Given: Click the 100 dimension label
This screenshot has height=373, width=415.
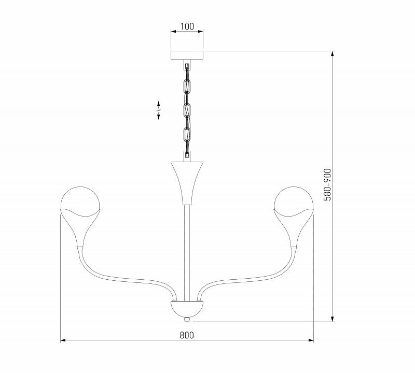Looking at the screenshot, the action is [187, 26].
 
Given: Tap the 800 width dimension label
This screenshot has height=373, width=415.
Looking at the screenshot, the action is [187, 335].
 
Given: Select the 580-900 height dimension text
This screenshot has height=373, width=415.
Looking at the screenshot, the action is [327, 184].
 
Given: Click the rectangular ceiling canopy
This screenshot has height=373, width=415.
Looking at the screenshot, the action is [187, 55].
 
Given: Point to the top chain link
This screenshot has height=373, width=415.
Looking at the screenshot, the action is [187, 86].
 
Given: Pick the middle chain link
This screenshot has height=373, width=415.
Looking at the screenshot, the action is [187, 110].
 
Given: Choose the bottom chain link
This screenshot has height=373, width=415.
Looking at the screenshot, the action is [187, 135].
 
